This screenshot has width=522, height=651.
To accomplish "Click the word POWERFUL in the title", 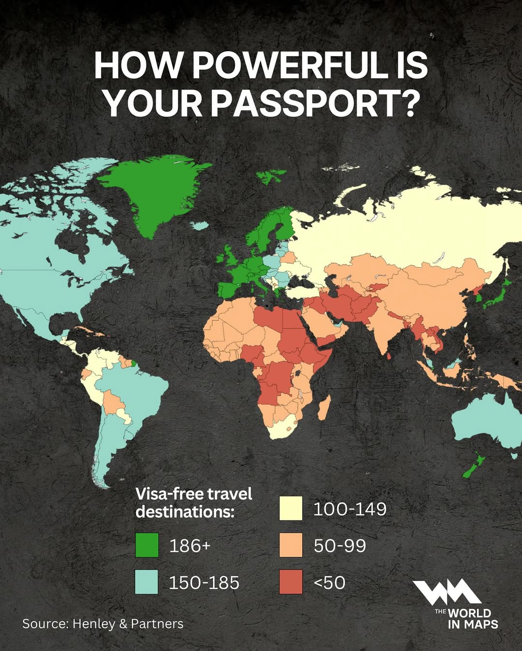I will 290,65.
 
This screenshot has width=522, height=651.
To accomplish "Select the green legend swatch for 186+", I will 147,545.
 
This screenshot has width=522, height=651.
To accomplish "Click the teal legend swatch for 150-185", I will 147,582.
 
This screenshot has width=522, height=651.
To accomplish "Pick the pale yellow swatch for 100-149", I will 291,508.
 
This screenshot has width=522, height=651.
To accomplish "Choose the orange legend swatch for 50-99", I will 291,545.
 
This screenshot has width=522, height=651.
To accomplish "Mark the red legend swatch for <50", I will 291,582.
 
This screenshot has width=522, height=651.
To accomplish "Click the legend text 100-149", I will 350,509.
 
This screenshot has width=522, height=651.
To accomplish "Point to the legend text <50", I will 330,582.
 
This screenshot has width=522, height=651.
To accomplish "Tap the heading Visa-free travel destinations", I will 193,503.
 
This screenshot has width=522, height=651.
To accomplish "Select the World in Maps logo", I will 454,604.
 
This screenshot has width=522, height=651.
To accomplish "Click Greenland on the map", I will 150,193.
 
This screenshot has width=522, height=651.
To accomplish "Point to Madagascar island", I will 325,407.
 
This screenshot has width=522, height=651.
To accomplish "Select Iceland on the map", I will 199,225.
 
